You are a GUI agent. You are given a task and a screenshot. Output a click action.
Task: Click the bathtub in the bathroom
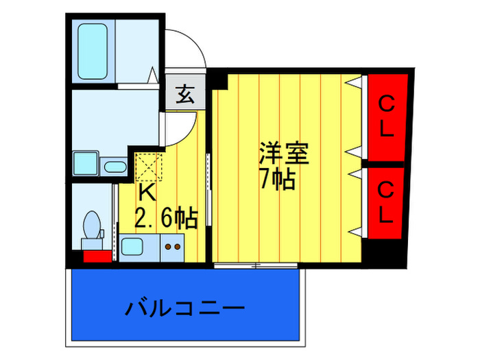[x=93, y=51]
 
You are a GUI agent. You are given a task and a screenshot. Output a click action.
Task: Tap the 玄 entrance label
[x=185, y=94]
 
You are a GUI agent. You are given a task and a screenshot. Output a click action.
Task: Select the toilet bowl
[x=92, y=225]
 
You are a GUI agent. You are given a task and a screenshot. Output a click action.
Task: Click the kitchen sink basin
[x=132, y=247]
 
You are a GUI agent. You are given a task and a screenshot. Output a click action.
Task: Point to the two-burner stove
[x=172, y=248]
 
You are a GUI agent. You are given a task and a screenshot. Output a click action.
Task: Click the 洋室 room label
[x=284, y=153]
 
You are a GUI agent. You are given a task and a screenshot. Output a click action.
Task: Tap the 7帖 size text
[x=277, y=179]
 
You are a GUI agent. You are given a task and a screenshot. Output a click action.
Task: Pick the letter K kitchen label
[x=147, y=193]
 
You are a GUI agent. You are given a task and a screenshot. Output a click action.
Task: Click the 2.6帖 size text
[x=166, y=218]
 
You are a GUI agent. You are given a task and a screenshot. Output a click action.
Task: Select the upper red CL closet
[x=387, y=117]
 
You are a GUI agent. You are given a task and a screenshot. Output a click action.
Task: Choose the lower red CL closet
[x=385, y=203]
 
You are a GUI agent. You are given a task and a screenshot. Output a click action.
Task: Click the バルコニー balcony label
[x=185, y=308]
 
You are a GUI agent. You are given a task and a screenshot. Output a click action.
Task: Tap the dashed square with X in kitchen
[x=149, y=167]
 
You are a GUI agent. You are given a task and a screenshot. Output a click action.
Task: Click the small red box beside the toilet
[x=97, y=256]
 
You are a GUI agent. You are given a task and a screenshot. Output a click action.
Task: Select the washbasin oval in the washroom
[x=115, y=167]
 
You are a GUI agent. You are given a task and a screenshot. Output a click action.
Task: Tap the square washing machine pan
[x=86, y=163]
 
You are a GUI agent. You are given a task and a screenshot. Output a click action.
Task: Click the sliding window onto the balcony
[x=256, y=265]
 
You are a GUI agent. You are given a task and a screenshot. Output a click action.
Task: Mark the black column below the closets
[x=384, y=254]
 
